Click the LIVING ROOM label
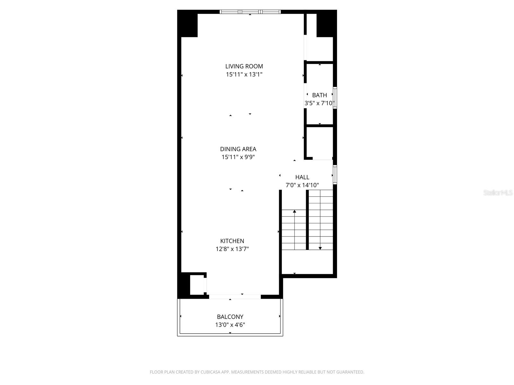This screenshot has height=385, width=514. click(x=244, y=66)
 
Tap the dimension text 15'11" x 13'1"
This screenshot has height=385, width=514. click(x=244, y=74)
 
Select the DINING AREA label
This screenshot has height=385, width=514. click(x=238, y=149)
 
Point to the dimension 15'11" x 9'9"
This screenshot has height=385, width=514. click(x=238, y=157)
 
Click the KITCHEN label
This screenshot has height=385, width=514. click(x=232, y=241)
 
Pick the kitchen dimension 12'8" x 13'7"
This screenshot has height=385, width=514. click(x=232, y=249)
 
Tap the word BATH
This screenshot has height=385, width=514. click(x=319, y=95)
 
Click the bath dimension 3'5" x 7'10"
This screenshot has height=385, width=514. click(x=319, y=103)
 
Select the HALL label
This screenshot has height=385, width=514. click(x=302, y=177)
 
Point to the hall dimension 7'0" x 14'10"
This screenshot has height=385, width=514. click(x=302, y=185)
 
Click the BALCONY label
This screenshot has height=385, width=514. click(x=230, y=317)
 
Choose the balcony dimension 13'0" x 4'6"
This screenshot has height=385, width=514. click(x=230, y=325)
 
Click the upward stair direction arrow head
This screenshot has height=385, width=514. click(x=294, y=211)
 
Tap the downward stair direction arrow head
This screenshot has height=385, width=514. click(x=320, y=248)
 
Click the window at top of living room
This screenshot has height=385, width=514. click(x=250, y=12)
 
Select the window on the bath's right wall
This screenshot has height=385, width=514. click(x=335, y=98)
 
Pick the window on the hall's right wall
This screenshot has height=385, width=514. click(x=335, y=175)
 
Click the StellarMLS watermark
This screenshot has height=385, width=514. click(x=498, y=193)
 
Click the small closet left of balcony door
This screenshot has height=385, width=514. click(x=197, y=285)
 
